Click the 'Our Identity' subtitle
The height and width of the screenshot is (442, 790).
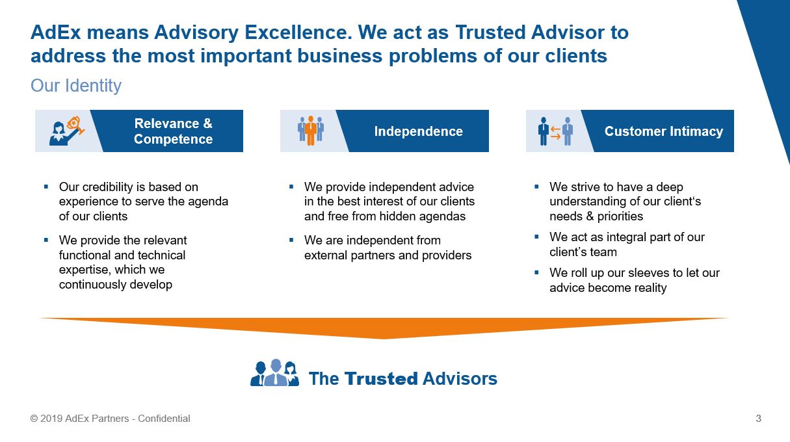(76, 86)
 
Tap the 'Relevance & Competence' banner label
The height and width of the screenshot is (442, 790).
(173, 131)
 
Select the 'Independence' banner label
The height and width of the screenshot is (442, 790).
(418, 131)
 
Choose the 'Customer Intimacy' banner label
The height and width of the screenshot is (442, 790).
(664, 131)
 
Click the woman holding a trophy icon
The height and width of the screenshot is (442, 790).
(67, 131)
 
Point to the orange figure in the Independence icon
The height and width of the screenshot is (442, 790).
(310, 131)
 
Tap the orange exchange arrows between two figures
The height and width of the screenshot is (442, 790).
(555, 133)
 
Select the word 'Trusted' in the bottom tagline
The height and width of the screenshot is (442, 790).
(381, 378)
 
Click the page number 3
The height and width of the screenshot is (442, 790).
(758, 419)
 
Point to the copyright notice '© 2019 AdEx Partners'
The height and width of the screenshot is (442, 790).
(80, 419)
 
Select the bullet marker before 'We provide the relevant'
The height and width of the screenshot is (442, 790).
(46, 240)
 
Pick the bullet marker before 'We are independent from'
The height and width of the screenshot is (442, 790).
(291, 240)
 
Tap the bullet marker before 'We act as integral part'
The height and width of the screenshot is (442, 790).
(537, 237)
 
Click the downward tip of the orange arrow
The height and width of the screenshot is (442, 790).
(384, 339)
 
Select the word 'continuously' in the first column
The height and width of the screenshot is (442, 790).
(92, 285)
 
